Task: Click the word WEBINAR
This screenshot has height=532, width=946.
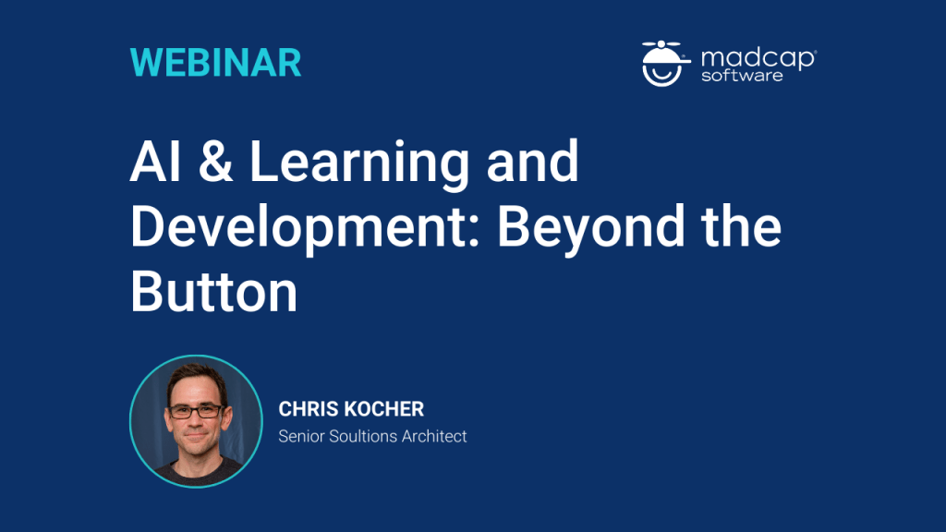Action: tap(215, 63)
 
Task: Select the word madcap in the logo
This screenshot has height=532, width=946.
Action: tap(758, 58)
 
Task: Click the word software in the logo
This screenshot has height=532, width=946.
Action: tap(742, 76)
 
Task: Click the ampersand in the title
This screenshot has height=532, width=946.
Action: tap(215, 161)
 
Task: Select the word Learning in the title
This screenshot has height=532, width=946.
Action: tap(359, 164)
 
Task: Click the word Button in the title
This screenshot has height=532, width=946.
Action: tap(214, 292)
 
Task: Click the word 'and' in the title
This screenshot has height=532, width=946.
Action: tap(533, 161)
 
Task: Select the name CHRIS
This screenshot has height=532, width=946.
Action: tap(309, 409)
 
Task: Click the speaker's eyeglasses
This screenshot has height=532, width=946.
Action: tap(196, 411)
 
